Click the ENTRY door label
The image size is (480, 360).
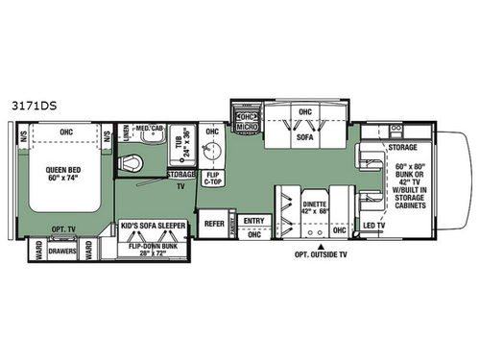coord(253,221)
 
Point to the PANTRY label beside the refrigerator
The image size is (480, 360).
coord(235,221)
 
